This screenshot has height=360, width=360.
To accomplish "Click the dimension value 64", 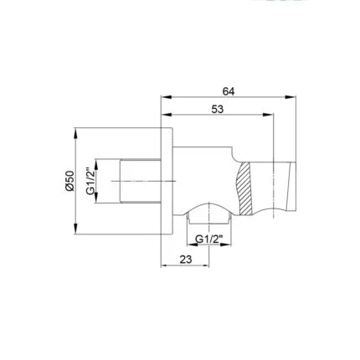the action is pyautogui.click(x=229, y=91).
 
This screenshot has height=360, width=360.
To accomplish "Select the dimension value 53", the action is pyautogui.click(x=218, y=109).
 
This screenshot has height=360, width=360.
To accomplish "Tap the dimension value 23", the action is pyautogui.click(x=186, y=260).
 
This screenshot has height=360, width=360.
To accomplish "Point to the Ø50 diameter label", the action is pyautogui.click(x=69, y=181).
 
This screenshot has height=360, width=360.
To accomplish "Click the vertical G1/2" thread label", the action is pyautogui.click(x=90, y=181).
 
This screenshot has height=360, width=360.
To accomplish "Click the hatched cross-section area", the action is pyautogui.click(x=244, y=188).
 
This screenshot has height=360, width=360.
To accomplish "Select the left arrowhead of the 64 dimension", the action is pyautogui.click(x=167, y=97).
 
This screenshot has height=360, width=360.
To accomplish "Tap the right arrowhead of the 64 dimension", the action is pyautogui.click(x=291, y=97).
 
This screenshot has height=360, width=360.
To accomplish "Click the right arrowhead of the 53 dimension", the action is pyautogui.click(x=268, y=115).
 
